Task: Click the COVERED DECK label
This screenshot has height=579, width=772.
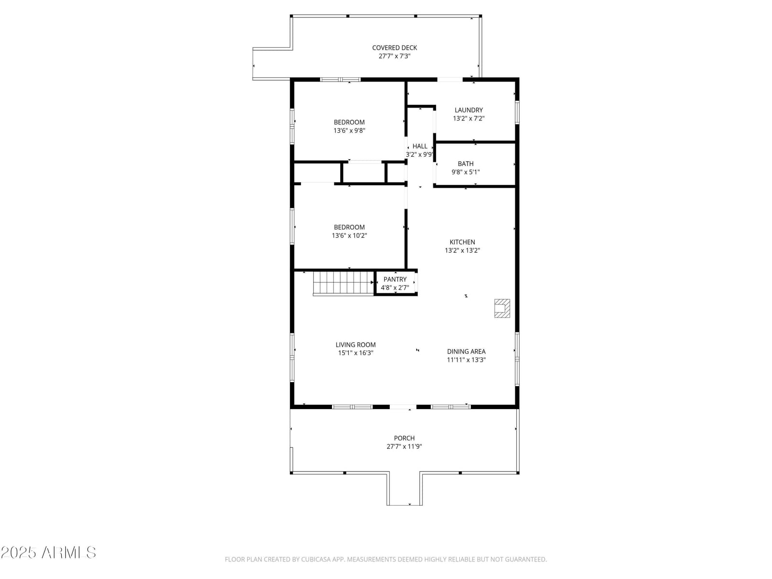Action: pyautogui.click(x=394, y=48)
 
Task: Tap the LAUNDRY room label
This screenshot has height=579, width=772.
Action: pyautogui.click(x=469, y=110)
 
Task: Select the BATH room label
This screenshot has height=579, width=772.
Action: pyautogui.click(x=465, y=164)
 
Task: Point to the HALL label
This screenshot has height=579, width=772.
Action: pyautogui.click(x=420, y=146)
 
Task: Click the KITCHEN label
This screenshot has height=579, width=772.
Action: pyautogui.click(x=462, y=242)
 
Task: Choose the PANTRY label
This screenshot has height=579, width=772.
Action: pyautogui.click(x=395, y=279)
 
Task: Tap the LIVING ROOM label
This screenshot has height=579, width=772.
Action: pyautogui.click(x=355, y=345)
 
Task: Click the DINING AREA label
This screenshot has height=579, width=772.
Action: pyautogui.click(x=466, y=352)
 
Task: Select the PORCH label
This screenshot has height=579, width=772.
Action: pyautogui.click(x=404, y=439)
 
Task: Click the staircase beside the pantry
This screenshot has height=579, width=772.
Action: pyautogui.click(x=343, y=283)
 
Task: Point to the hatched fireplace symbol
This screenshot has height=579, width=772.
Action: pyautogui.click(x=502, y=308)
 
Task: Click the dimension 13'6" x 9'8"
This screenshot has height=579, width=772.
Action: pyautogui.click(x=349, y=131)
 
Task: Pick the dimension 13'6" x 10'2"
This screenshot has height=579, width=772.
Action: pyautogui.click(x=349, y=236)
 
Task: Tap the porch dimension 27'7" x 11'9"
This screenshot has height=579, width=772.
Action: pyautogui.click(x=404, y=447)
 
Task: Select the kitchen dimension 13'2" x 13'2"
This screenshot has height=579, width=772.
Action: pyautogui.click(x=462, y=250)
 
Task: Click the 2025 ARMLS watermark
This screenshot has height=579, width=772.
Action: pyautogui.click(x=48, y=552)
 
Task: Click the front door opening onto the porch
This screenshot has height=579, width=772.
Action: pyautogui.click(x=403, y=407)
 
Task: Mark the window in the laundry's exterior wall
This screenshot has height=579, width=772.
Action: pyautogui.click(x=517, y=112)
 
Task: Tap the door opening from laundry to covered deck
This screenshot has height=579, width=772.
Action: pyautogui.click(x=450, y=80)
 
